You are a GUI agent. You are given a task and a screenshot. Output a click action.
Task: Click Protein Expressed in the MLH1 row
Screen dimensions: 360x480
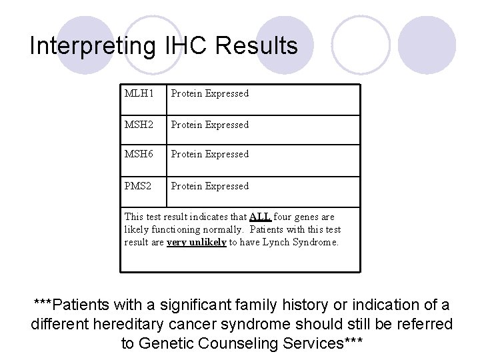click(x=209, y=94)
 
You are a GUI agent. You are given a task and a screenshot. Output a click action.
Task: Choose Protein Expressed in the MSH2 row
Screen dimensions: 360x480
click(x=209, y=125)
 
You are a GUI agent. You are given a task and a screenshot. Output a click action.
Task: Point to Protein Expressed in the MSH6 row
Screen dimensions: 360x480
click(x=209, y=155)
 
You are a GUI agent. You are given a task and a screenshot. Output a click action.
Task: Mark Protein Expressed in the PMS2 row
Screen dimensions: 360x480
click(x=209, y=187)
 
